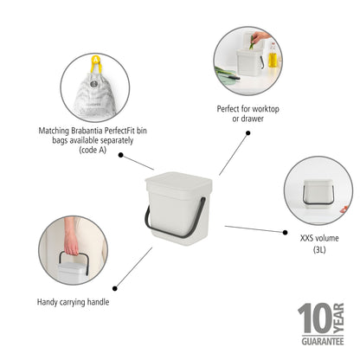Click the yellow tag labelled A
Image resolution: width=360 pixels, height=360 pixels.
click(x=96, y=63)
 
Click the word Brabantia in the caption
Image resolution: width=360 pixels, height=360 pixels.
click(x=87, y=131)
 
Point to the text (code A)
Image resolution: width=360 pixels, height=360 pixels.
click(x=93, y=150)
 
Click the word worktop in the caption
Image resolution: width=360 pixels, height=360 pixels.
click(x=266, y=109)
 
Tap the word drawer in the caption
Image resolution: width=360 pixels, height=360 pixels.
click(x=252, y=119)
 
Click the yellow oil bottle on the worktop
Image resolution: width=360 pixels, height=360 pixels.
click(x=273, y=55)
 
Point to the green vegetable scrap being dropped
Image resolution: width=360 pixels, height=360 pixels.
click(x=252, y=42)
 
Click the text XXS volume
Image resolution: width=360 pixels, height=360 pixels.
click(x=319, y=238)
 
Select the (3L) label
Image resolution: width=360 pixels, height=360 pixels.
click(x=319, y=249)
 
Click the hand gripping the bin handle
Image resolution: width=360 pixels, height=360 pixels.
click(x=71, y=245)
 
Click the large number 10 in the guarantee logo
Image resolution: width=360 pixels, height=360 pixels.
click(x=315, y=318)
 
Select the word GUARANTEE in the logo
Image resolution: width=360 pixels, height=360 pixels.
click(x=323, y=342)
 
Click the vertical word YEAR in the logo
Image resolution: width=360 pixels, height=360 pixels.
click(x=338, y=318)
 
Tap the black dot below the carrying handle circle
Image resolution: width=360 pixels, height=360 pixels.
click(x=115, y=288)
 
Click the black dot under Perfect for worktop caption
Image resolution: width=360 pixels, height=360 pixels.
click(x=247, y=133)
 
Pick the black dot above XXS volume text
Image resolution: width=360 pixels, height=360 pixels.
click(x=285, y=232)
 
